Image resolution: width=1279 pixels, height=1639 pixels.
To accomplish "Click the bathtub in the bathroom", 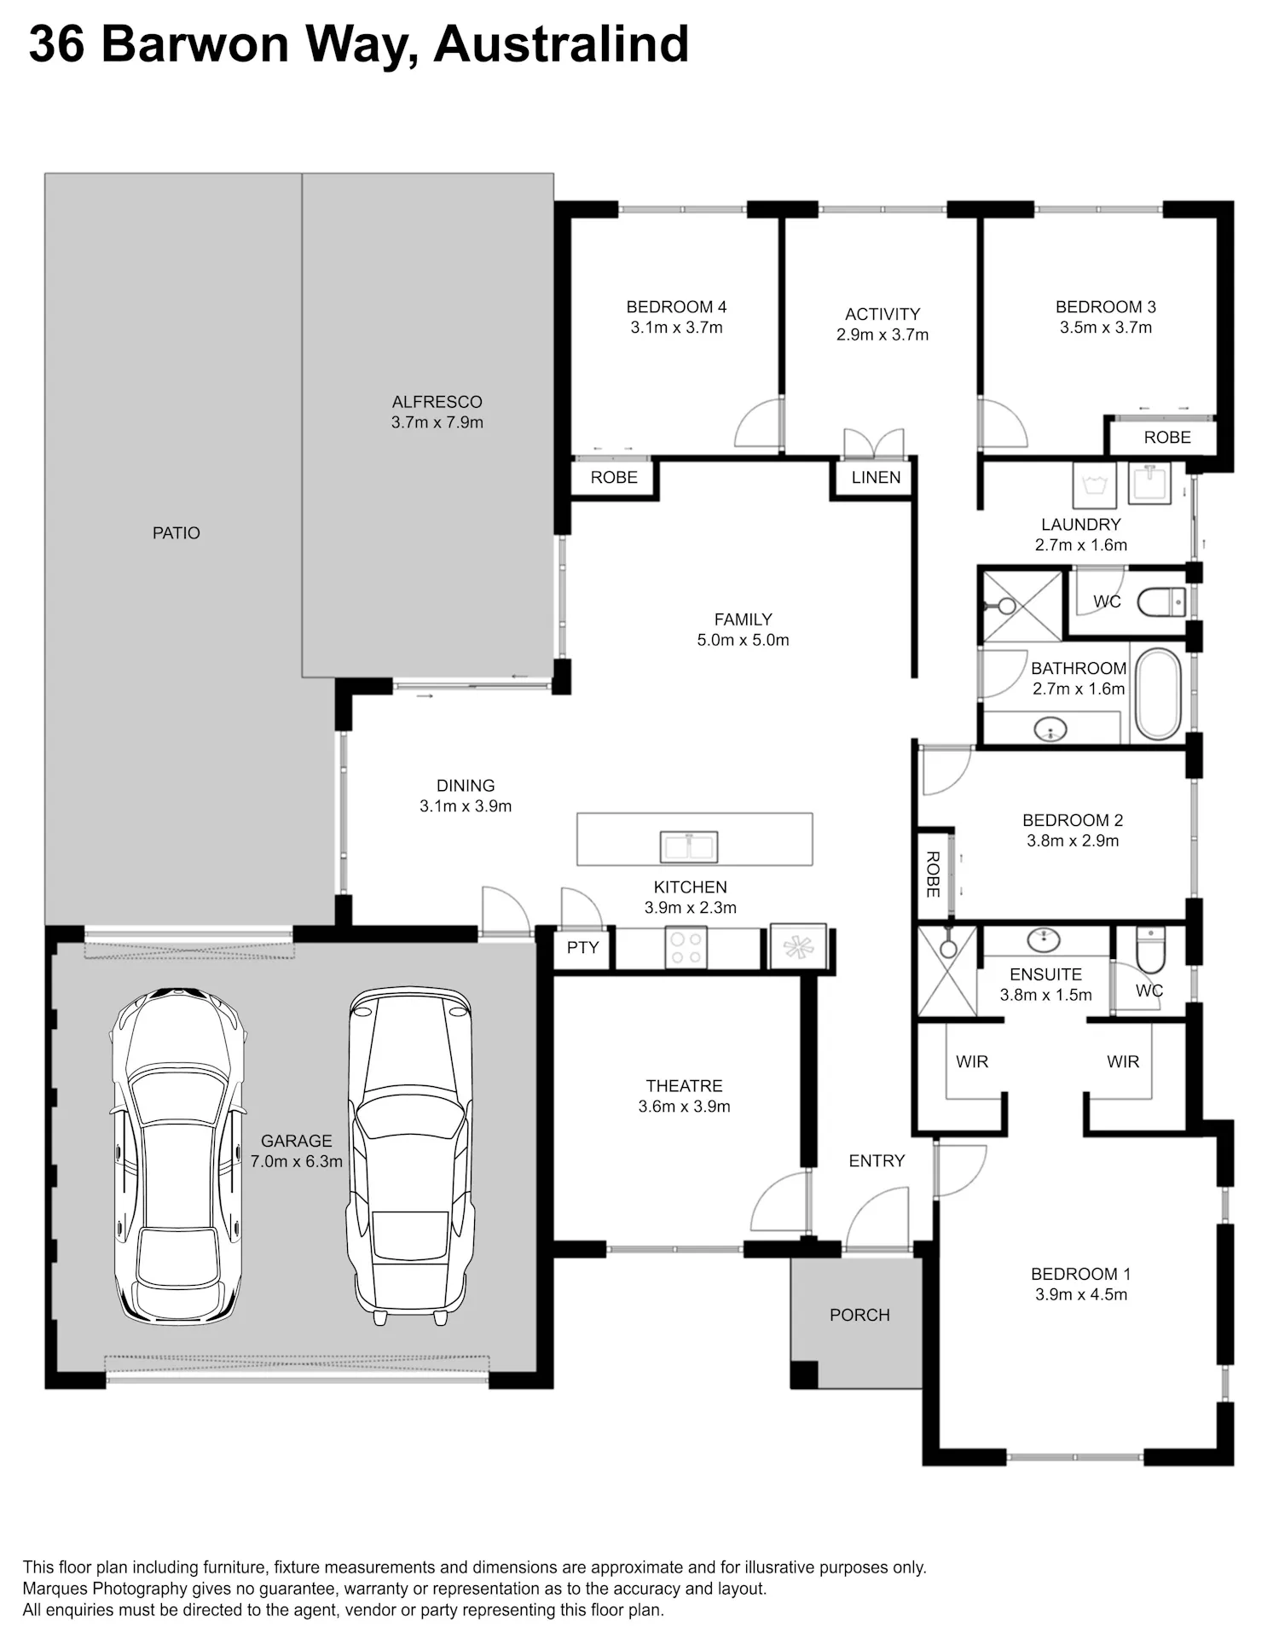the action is [x=1158, y=694].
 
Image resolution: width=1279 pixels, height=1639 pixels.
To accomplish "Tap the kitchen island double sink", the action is [x=689, y=846].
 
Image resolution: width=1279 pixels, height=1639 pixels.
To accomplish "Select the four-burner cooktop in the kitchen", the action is [x=686, y=948].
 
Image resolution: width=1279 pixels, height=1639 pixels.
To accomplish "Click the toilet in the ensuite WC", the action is [x=1150, y=950].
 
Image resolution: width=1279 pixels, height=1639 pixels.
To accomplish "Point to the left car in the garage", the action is [x=178, y=1156].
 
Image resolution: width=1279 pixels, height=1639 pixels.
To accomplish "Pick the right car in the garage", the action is [x=410, y=1156].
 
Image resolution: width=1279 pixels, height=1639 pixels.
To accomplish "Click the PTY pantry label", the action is [x=582, y=947].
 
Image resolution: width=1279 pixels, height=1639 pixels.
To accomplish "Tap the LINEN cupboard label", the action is [x=876, y=477].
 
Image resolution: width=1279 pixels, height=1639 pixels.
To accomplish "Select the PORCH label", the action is [x=859, y=1315].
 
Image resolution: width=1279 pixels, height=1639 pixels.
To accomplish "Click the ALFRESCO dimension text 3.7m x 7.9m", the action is [x=437, y=422].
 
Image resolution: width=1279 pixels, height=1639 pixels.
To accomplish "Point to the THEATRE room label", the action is [x=684, y=1085].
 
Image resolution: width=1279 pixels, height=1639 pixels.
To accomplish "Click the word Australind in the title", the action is [x=561, y=44].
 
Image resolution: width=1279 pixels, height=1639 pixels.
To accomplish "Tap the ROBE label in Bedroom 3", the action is [x=1167, y=437].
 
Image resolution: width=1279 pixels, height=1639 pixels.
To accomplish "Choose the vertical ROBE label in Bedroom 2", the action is [x=933, y=875].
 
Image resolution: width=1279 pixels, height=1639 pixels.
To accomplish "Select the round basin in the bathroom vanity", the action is [x=1050, y=729].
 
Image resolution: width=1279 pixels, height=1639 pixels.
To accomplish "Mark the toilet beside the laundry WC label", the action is [x=1161, y=602].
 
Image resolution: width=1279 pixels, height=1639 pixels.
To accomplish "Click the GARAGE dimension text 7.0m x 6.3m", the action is [x=297, y=1161].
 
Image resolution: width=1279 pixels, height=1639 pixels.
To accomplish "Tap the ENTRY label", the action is [x=877, y=1160].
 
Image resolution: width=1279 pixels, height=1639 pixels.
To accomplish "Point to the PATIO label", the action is [x=177, y=532].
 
